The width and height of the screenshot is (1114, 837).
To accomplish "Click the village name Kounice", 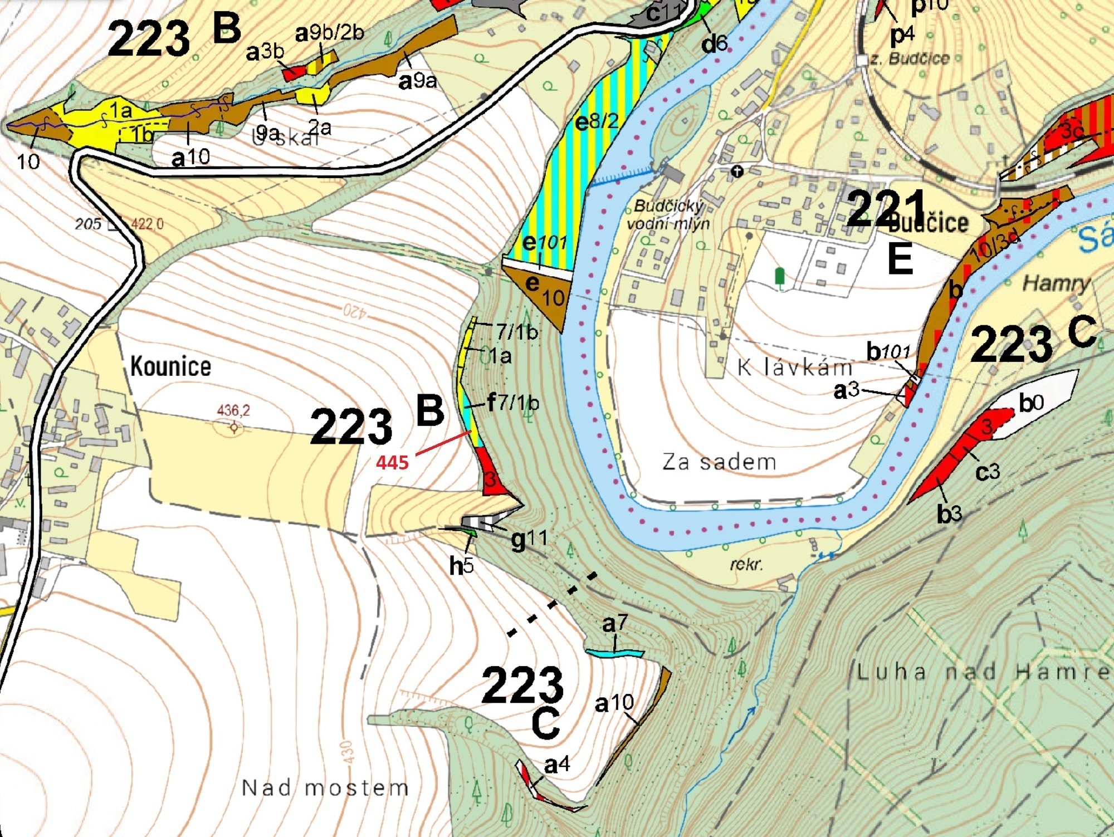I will (x=170, y=366).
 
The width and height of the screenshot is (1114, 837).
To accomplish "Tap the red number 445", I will (x=392, y=462).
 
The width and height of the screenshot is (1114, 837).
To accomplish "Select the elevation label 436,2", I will (x=233, y=410).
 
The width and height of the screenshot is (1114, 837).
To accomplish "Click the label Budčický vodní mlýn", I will (x=668, y=214).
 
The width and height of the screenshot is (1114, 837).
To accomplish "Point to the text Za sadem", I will (x=719, y=462).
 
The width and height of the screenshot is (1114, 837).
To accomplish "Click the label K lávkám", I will (x=795, y=368).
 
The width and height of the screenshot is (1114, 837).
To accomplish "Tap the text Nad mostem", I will (x=325, y=787).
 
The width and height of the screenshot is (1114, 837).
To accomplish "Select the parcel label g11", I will (x=529, y=539).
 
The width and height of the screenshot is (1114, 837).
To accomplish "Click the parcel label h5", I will (x=461, y=565).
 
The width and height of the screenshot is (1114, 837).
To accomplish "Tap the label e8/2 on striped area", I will (x=597, y=121).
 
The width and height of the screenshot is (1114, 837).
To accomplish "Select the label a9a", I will (x=418, y=81).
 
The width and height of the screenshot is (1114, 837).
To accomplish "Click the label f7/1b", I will (x=513, y=402).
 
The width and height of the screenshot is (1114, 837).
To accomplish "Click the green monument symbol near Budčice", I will (x=780, y=276).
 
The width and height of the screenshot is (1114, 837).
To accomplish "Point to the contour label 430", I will (x=346, y=752).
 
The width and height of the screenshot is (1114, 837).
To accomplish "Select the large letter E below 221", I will (x=900, y=259).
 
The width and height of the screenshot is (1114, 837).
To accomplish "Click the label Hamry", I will (x=1056, y=283).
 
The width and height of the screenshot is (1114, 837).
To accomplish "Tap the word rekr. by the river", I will (x=746, y=564).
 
